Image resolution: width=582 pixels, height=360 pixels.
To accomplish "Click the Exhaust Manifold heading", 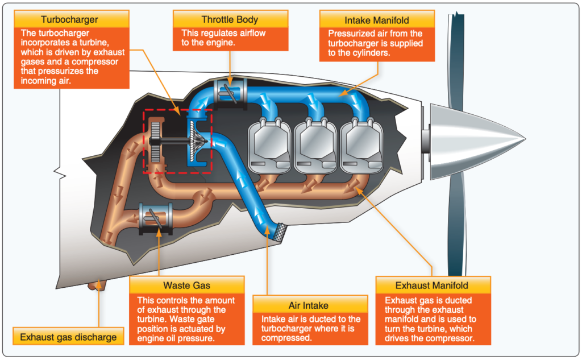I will click(x=431, y=285).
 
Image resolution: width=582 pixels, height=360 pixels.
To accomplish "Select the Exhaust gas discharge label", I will click(x=68, y=337).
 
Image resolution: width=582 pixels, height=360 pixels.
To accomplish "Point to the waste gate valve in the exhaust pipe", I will click(x=154, y=218).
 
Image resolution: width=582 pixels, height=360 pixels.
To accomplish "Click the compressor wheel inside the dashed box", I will click(x=196, y=143).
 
